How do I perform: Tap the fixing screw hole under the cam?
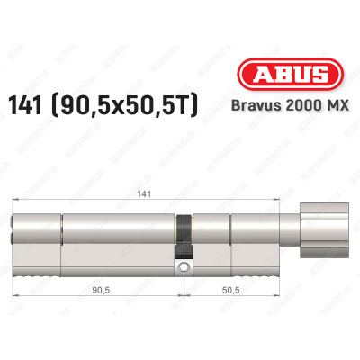click(184, 267)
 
